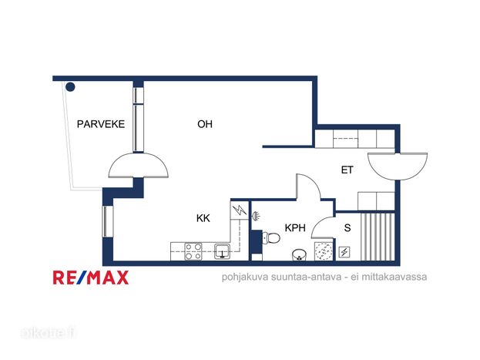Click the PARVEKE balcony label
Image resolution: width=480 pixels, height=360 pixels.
[101, 124]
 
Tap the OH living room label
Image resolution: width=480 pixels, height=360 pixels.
[205, 124]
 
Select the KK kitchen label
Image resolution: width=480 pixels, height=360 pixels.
[203, 218]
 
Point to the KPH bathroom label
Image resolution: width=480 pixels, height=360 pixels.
[295, 228]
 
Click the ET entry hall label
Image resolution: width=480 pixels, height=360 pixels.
[347, 170]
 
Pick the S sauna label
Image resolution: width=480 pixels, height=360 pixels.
[347, 228]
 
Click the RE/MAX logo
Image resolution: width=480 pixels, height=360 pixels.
[91, 278]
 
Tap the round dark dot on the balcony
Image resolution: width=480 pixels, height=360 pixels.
[70, 87]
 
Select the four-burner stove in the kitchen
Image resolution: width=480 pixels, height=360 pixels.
[193, 251]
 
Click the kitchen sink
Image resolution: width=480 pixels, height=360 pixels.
[222, 251]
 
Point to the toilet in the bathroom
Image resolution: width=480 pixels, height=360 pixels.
[271, 238]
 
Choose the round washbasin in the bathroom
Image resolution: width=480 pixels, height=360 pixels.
[299, 254]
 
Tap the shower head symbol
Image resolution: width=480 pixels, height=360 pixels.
[255, 216]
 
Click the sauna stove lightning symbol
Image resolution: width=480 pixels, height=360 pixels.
[344, 252]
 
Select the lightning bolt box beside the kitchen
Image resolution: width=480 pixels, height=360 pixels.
[240, 210]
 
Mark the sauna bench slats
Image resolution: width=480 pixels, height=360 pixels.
[378, 237]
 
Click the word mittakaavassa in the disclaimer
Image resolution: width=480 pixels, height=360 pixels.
[394, 277]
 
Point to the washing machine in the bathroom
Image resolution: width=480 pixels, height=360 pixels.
[324, 251]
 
